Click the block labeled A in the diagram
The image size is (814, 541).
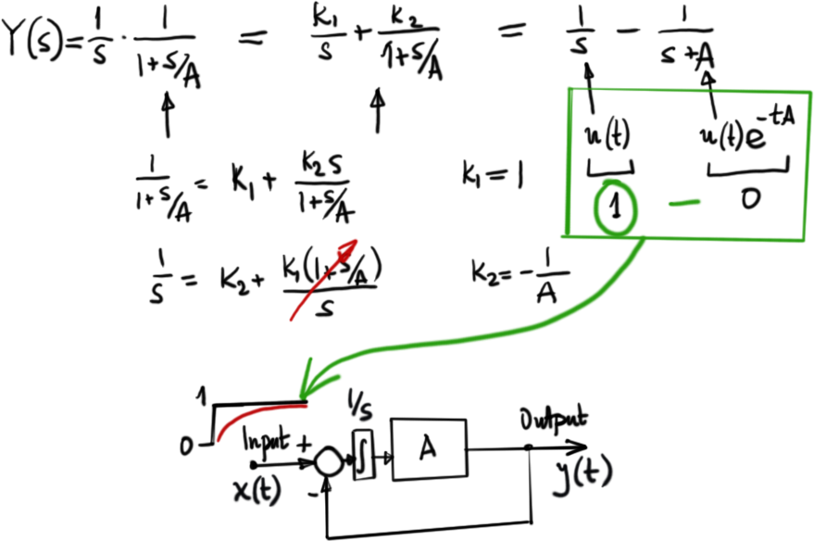pyautogui.click(x=429, y=449)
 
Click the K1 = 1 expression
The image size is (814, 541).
pyautogui.click(x=490, y=173)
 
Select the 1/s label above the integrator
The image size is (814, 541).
pyautogui.click(x=357, y=402)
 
